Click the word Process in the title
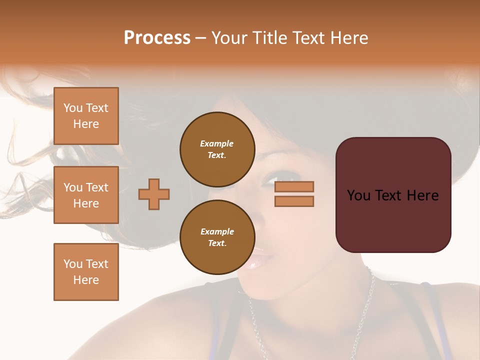click(157, 38)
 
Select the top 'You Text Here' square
click(86, 116)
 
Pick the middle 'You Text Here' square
click(86, 195)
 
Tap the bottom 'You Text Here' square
click(86, 271)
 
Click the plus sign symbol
click(154, 194)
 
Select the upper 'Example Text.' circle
click(217, 149)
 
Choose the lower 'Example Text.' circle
click(217, 237)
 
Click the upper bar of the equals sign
click(294, 186)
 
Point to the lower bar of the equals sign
click(294, 201)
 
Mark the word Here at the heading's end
click(349, 38)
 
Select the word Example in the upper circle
click(217, 143)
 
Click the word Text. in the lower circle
click(217, 243)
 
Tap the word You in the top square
click(73, 108)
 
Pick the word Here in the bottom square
click(86, 280)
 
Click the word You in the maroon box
click(358, 195)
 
